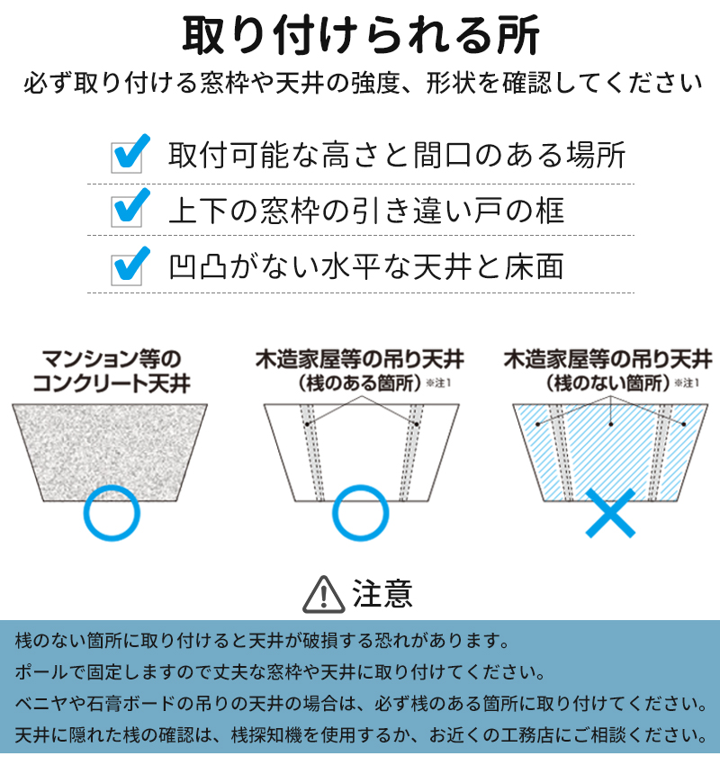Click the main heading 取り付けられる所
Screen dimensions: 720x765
coord(361,34)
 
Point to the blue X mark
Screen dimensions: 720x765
coord(610,513)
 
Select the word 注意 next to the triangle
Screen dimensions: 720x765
coord(382,594)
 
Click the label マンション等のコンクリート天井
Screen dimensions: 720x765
coord(112,372)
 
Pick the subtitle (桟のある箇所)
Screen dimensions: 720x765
coord(359,383)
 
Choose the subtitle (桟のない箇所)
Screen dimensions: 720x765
coord(607,383)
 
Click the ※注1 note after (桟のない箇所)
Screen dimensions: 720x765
coord(688,383)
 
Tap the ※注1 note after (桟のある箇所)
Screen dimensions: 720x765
coord(438,383)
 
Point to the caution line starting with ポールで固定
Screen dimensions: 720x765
coord(280,673)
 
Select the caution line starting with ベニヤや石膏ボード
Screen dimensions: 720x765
coord(362,704)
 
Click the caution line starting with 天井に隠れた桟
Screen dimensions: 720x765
coord(362,735)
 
